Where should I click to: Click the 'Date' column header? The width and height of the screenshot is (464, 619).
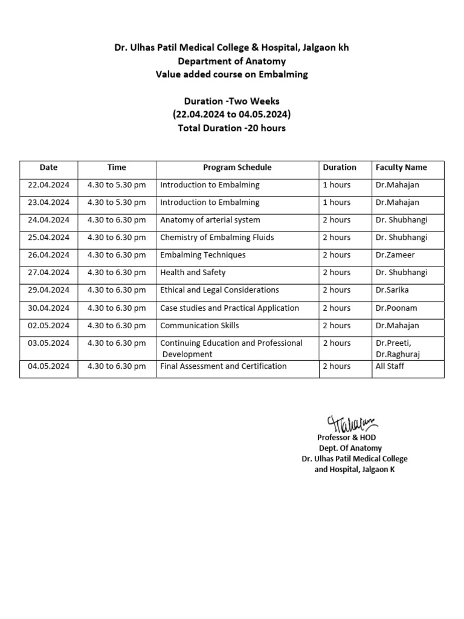48,167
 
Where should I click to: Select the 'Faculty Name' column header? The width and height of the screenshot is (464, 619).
401,167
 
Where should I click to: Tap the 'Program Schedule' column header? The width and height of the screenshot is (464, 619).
237,167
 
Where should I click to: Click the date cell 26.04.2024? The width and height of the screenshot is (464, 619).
48,255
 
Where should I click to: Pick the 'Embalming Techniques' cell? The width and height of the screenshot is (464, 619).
202,255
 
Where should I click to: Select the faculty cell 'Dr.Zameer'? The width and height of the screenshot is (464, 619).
395,255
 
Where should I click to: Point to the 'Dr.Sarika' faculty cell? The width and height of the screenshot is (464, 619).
392,290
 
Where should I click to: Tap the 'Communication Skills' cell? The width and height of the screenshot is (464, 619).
199,325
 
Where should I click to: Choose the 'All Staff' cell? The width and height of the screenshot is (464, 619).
390,366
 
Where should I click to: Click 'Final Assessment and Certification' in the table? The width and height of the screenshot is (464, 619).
223,366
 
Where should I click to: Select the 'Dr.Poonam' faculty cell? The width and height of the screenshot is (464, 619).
396,308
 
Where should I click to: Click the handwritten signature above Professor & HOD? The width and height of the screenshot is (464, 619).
352,423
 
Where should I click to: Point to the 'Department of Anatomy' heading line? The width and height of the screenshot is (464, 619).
231,61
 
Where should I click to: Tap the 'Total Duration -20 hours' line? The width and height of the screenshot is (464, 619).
231,128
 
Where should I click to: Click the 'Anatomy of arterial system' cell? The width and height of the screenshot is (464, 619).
210,220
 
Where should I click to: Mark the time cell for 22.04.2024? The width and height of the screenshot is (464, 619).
117,185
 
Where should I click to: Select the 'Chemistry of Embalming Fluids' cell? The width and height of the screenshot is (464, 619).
217,238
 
